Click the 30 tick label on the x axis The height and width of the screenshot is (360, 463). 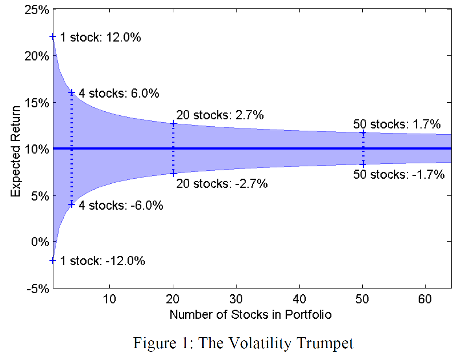pos(236,300)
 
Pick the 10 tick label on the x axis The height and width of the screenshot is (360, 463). pos(109,300)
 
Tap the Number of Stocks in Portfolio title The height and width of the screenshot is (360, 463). pos(251,315)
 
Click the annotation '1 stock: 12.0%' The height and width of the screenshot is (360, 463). pos(100,38)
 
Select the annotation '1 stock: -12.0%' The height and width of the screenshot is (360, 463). pos(102,261)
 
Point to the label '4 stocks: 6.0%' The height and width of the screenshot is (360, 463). pos(119,94)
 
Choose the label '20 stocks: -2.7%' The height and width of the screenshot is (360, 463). pos(222,183)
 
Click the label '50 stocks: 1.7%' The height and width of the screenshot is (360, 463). pos(397,125)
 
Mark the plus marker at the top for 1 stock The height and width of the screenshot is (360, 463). pos(53,37)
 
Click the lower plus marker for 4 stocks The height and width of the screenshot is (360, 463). pos(72,205)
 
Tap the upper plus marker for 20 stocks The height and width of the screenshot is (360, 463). pos(173,124)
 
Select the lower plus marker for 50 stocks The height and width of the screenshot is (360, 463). pos(363,164)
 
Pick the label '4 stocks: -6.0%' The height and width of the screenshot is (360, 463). pos(121,205)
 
